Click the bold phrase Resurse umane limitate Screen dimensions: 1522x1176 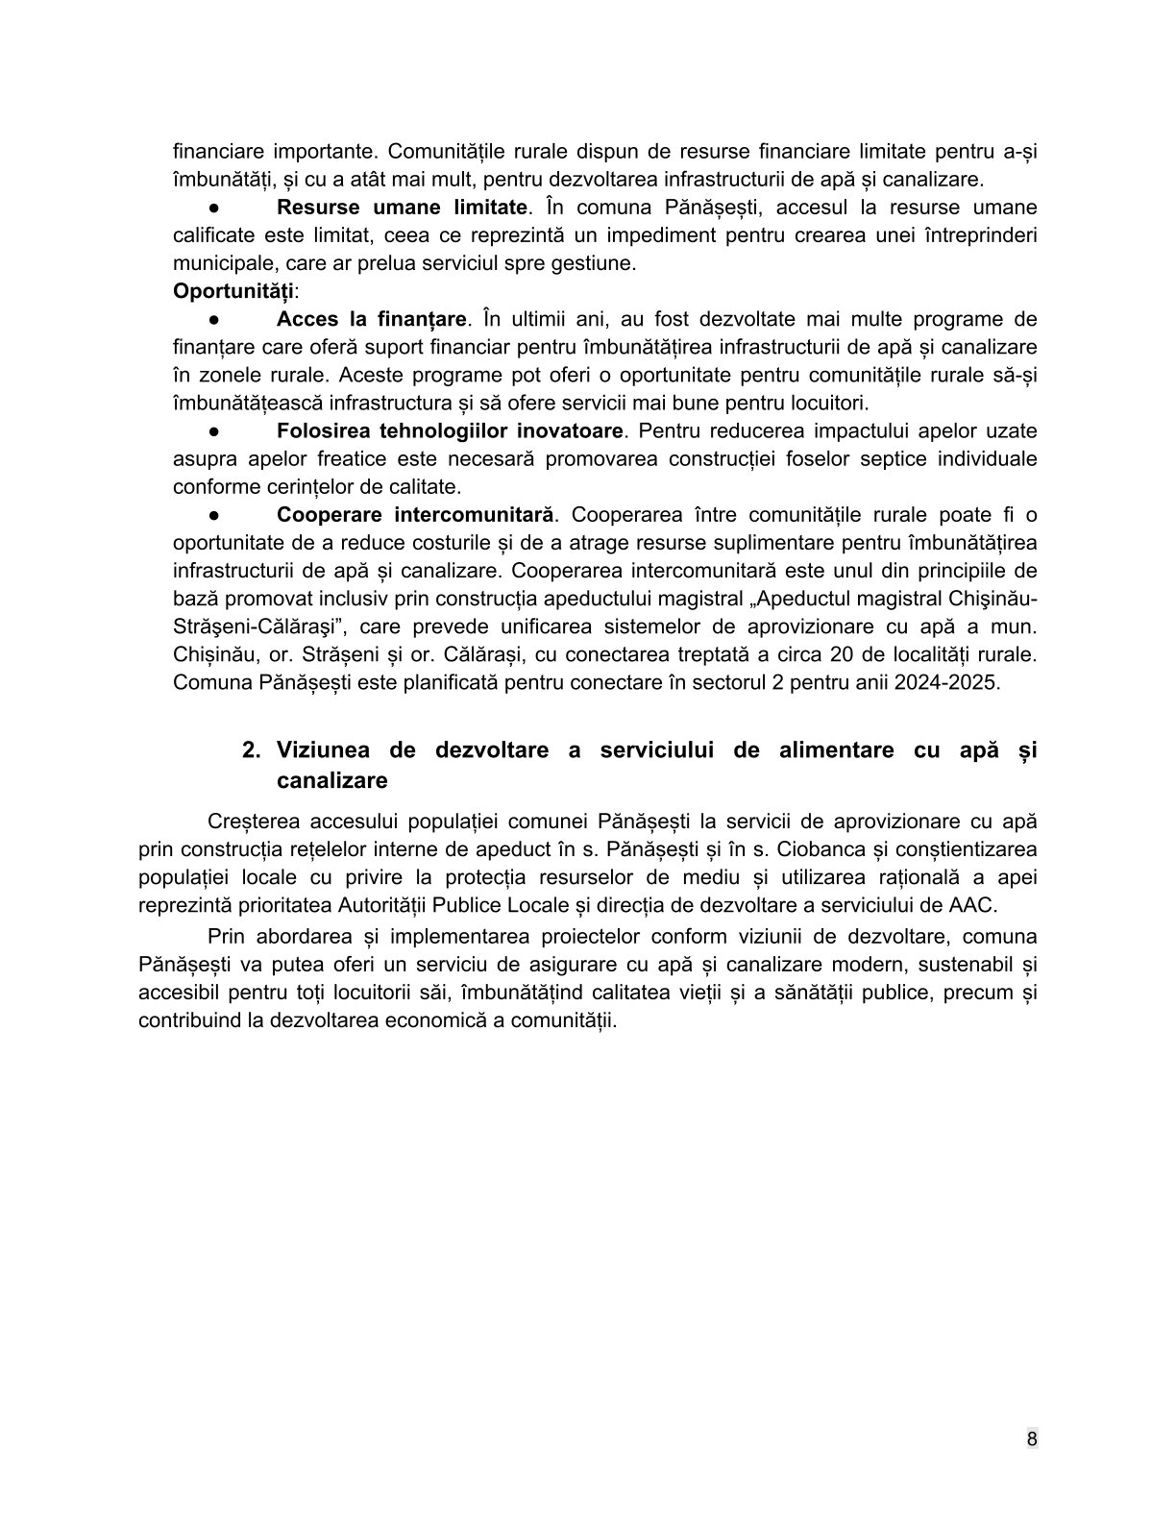pyautogui.click(x=403, y=208)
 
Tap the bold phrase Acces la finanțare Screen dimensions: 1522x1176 pyautogui.click(x=371, y=319)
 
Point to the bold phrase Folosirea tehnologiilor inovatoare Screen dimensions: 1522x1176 pyautogui.click(x=450, y=430)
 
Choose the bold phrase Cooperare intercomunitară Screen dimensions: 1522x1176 pyautogui.click(x=416, y=515)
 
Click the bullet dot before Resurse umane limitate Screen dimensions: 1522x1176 pyautogui.click(x=216, y=209)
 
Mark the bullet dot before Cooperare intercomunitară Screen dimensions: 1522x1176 pyautogui.click(x=216, y=516)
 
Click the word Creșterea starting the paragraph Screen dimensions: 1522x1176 pyautogui.click(x=254, y=822)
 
